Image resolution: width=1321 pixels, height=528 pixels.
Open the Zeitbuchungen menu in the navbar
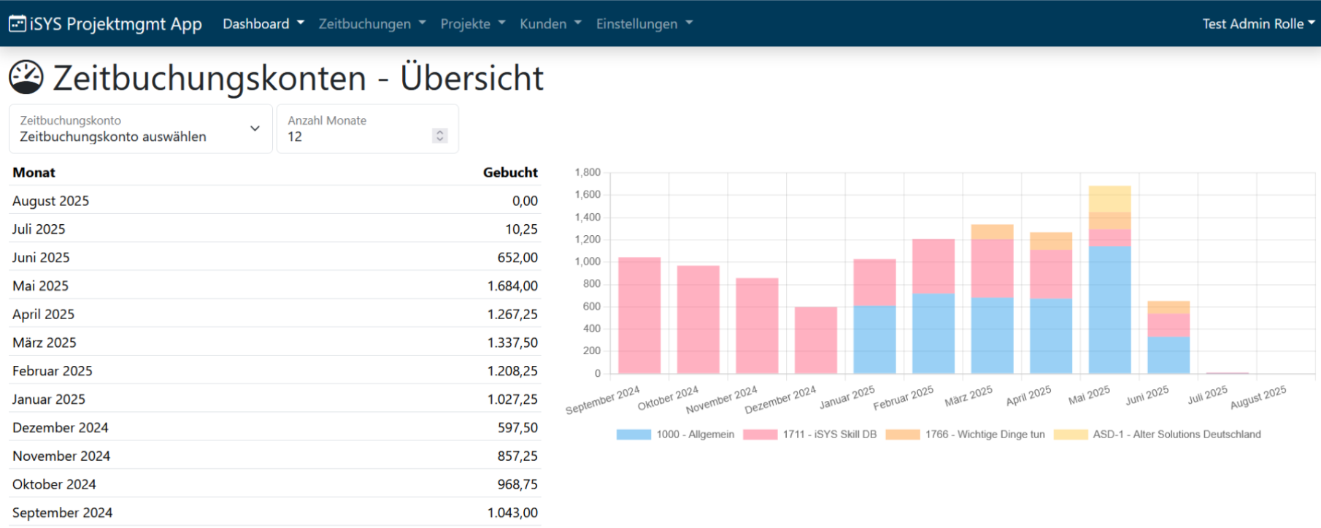coord(372,24)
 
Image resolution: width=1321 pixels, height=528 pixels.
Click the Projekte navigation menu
coord(473,24)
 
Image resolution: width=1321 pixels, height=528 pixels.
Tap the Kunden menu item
coord(550,24)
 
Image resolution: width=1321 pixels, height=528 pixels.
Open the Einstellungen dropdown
coord(644,24)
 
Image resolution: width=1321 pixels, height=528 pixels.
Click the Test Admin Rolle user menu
coord(1259,24)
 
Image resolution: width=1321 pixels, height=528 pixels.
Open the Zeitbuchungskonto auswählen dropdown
coord(141,129)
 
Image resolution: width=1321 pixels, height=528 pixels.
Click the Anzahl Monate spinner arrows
coord(439,136)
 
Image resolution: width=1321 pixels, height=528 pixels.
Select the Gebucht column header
coord(510,172)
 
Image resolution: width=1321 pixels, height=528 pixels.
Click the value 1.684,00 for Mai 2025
coord(512,286)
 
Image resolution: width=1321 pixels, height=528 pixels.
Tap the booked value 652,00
coord(517,257)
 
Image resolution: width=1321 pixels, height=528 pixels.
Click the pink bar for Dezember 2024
coord(816,340)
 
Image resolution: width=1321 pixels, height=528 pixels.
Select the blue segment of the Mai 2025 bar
coord(1110,310)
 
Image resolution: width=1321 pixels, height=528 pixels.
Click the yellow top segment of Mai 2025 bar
coord(1110,199)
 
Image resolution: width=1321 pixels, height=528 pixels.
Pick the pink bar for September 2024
coord(639,315)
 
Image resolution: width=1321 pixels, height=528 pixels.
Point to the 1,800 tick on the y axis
coord(588,172)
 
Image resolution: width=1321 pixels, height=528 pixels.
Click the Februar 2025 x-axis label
coord(904,398)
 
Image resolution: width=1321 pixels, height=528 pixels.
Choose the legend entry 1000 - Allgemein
coord(675,435)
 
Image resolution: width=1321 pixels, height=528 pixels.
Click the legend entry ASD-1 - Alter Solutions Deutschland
coord(1158,435)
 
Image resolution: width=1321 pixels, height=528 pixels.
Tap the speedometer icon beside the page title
coord(26,77)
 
